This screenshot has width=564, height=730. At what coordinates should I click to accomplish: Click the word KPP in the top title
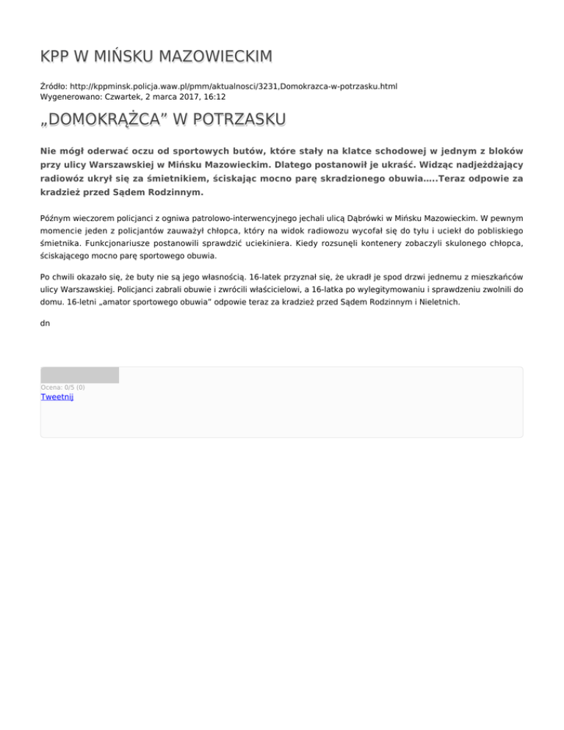point(57,56)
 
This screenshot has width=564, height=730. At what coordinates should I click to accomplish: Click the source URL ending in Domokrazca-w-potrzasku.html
point(236,86)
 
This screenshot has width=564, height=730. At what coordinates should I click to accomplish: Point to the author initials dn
point(46,322)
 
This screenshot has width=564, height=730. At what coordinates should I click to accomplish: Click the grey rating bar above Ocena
point(79,375)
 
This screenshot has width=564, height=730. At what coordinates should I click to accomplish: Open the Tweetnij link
point(57,397)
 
